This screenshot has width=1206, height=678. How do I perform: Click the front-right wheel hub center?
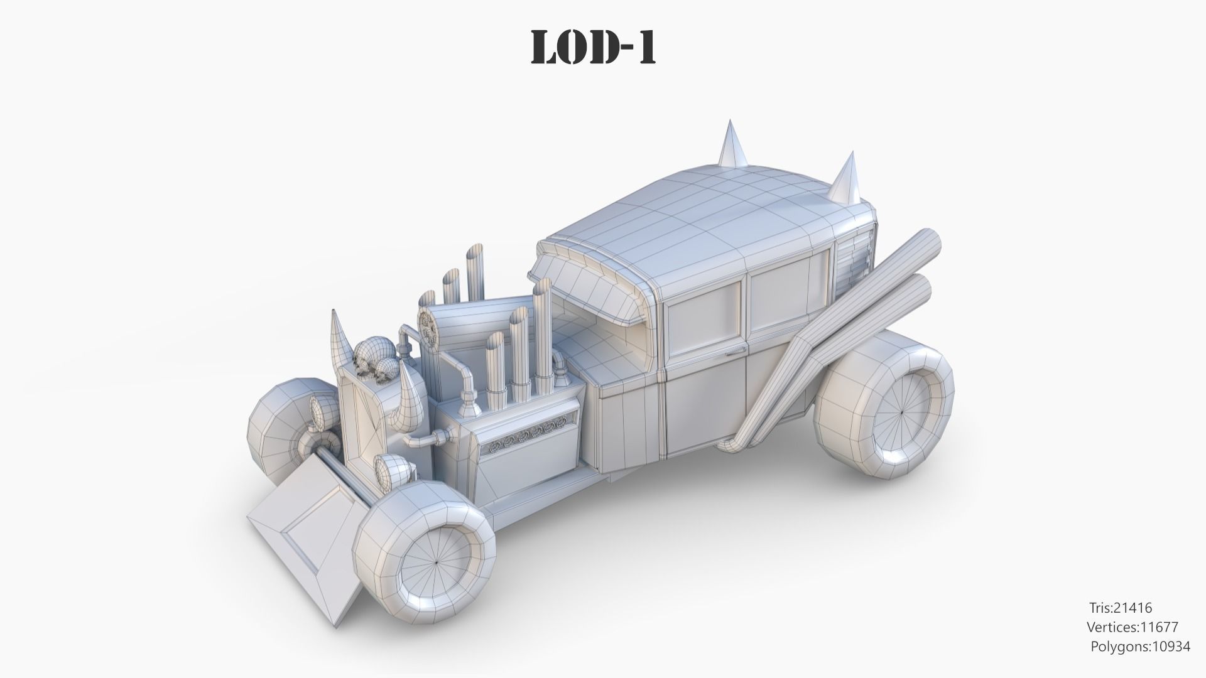point(436,563)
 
